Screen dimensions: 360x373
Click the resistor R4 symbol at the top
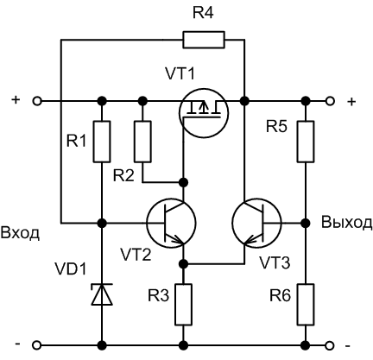(204, 39)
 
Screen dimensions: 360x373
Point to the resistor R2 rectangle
(143, 142)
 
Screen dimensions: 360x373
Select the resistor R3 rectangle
(183, 305)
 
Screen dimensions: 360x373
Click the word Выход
(347, 222)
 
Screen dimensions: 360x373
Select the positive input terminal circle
(36, 100)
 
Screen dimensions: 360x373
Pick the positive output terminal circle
(330, 100)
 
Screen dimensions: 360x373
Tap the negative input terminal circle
(36, 345)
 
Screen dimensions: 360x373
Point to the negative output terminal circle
(330, 345)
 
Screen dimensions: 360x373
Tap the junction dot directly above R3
(183, 262)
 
